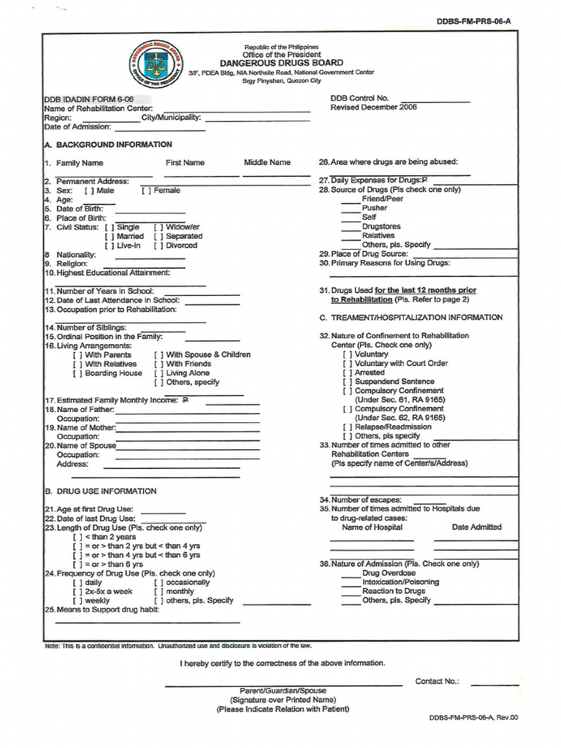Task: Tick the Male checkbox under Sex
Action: pos(89,191)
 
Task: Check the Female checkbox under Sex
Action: pos(146,191)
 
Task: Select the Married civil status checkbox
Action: pos(110,237)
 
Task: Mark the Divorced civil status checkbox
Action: pos(159,246)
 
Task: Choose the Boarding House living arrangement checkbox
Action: pos(77,373)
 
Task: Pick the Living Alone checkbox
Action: pos(159,373)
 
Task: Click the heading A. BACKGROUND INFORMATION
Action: pos(108,145)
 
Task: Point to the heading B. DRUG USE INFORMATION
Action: pos(101,492)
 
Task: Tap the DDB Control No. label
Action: pos(359,98)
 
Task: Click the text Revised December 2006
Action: pos(373,107)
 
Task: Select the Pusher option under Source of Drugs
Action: pos(351,208)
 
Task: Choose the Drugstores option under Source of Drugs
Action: pos(351,227)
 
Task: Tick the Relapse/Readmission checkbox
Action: pos(348,427)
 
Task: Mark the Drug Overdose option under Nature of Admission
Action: pos(351,573)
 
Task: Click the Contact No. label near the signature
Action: pos(437,682)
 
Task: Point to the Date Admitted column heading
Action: pos(476,527)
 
